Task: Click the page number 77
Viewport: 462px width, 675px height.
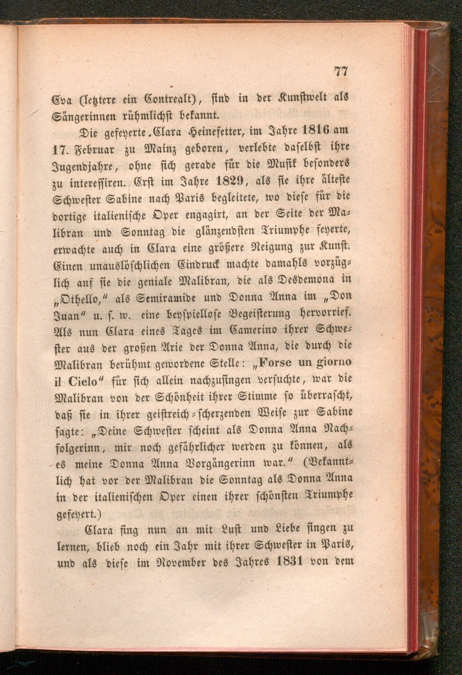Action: [x=341, y=71]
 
